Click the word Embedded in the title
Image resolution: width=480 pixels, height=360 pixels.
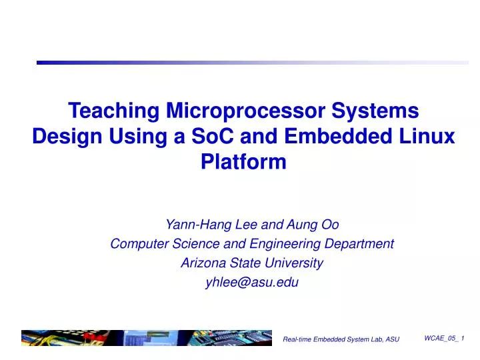330,136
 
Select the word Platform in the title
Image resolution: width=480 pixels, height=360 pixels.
243,162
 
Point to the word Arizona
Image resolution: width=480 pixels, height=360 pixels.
203,263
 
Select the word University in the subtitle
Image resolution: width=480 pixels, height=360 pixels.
293,263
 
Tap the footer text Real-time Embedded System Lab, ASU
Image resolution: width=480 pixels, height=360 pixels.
341,340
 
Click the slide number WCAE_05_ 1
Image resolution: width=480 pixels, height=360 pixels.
444,339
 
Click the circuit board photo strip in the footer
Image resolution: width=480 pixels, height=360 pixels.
147,338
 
